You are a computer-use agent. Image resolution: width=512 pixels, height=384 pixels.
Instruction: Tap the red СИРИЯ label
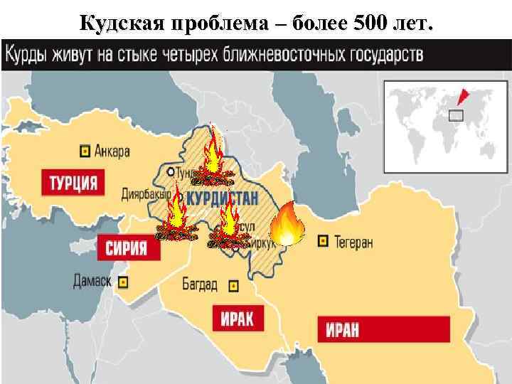(127, 247)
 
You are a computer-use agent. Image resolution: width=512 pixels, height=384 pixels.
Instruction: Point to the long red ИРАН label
(383, 329)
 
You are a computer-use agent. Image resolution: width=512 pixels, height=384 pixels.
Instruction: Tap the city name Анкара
(110, 151)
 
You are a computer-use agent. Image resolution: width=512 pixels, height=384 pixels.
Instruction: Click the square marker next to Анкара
(85, 151)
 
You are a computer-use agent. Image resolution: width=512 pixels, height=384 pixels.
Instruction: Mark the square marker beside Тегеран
(324, 242)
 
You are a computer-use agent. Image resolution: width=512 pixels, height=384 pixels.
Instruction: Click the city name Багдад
(200, 285)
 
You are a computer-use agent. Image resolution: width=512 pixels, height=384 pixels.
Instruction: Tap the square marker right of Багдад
(233, 286)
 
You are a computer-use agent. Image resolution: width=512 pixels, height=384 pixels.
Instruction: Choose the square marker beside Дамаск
(123, 282)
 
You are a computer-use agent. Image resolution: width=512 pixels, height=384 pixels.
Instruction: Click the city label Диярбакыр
(146, 194)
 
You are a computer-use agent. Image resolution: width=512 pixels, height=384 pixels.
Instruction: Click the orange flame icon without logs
(288, 223)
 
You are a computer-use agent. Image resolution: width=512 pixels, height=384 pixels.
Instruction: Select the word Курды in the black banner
(27, 53)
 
